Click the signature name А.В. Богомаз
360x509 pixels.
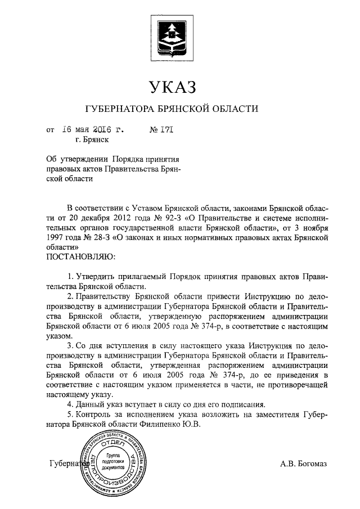click(307, 464)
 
